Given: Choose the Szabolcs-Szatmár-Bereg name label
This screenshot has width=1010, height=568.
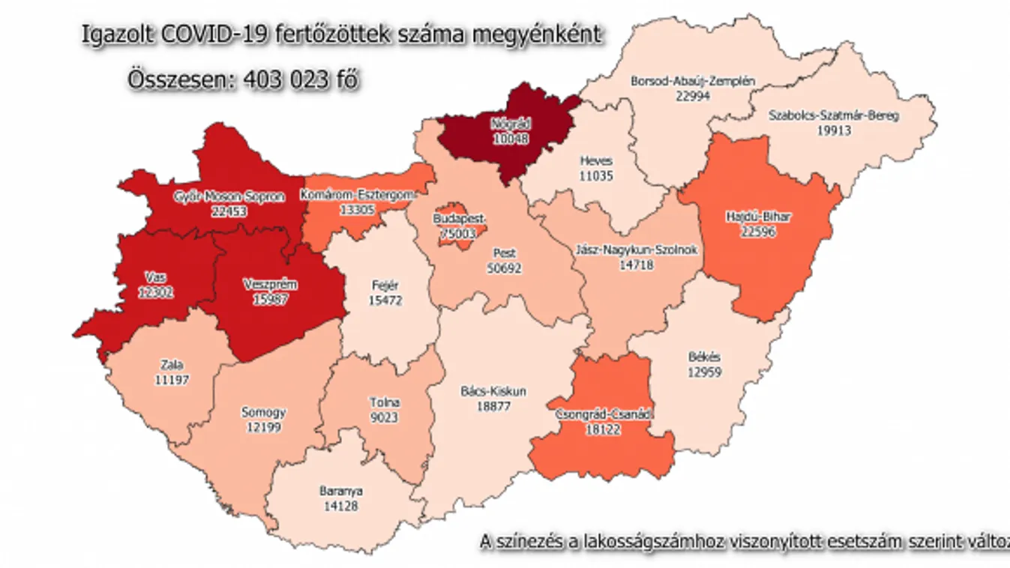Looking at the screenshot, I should click(x=834, y=116).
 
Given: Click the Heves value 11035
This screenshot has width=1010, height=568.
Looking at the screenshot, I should click(x=595, y=176).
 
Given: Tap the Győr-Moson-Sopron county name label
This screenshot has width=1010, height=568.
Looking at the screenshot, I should click(x=229, y=197).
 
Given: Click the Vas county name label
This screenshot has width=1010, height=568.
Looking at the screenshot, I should click(x=156, y=278).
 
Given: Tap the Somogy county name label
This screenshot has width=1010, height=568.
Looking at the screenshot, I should click(x=262, y=412).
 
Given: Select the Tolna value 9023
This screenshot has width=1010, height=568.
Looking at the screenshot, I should click(x=383, y=417).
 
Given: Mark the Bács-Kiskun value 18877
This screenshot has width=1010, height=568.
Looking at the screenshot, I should click(x=493, y=405).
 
